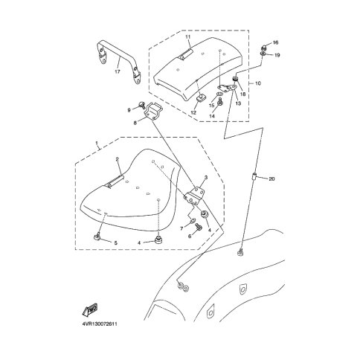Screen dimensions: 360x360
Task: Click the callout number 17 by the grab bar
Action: pyautogui.click(x=118, y=71)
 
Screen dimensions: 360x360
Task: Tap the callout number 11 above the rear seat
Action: pyautogui.click(x=188, y=37)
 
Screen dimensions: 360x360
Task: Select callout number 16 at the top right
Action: pyautogui.click(x=275, y=42)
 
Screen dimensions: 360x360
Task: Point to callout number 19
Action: pyautogui.click(x=277, y=55)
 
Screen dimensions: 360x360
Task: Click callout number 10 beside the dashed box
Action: pyautogui.click(x=258, y=83)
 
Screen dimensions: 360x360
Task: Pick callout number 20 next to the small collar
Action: pyautogui.click(x=271, y=179)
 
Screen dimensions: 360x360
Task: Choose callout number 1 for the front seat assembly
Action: pyautogui.click(x=97, y=143)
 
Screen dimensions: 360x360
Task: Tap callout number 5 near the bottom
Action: pyautogui.click(x=115, y=243)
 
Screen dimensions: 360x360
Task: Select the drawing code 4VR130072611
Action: pyautogui.click(x=100, y=324)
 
